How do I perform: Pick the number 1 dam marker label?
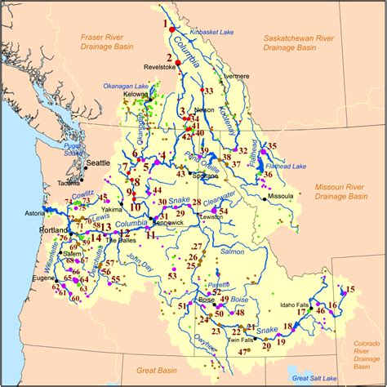click(x=169, y=24)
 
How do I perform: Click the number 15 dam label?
click(x=350, y=290)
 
